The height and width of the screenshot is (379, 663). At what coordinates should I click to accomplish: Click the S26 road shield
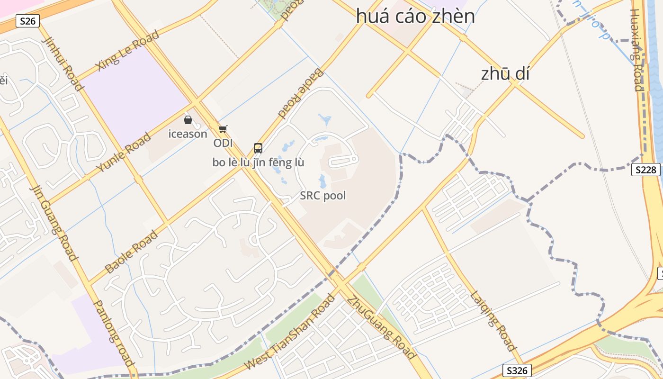point(27,21)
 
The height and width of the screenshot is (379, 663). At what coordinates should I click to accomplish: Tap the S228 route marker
point(645,170)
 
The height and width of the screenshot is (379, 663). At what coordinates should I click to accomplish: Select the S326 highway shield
point(517,370)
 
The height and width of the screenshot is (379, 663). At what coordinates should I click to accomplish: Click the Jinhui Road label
point(62,63)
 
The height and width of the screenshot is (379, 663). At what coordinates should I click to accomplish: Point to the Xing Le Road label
point(121,55)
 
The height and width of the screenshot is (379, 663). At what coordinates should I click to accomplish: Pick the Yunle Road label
point(124,153)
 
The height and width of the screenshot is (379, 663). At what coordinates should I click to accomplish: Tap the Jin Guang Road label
point(54,223)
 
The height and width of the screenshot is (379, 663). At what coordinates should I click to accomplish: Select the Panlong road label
point(113,334)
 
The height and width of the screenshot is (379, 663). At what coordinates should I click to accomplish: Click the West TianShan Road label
point(290,332)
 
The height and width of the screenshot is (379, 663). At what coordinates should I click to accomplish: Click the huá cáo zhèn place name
point(415,17)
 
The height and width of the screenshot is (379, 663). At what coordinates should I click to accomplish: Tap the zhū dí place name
point(505,74)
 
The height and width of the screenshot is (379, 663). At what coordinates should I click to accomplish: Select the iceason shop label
point(188,134)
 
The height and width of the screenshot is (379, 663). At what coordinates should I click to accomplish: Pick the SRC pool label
point(323,196)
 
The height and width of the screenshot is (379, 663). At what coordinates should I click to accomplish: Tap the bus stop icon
point(258,148)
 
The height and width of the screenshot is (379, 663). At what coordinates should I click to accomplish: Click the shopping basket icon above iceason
point(188,120)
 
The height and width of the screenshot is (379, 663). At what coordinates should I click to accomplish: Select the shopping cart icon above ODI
point(223,129)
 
